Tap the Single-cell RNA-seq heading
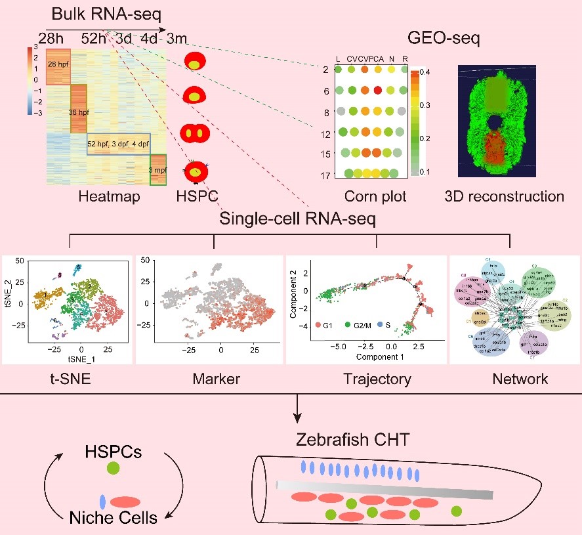pos(297,220)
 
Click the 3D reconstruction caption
pos(504,196)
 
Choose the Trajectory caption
pos(377,379)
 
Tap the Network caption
pos(520,379)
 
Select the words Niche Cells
pos(114,519)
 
